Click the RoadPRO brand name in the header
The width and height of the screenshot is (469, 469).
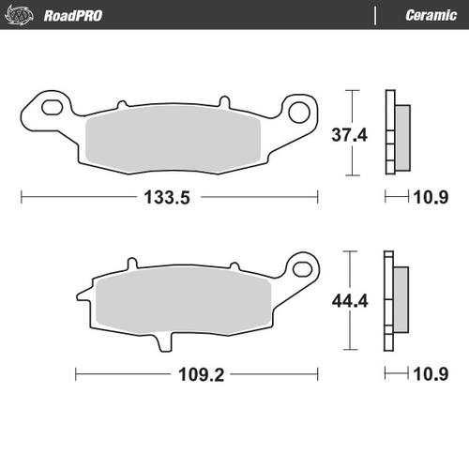click(x=72, y=15)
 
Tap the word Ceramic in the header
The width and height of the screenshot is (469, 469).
click(x=431, y=15)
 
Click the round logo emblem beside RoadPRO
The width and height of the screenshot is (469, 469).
click(x=21, y=14)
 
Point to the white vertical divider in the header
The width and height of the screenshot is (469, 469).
click(x=376, y=15)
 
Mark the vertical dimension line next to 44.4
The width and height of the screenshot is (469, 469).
click(x=352, y=301)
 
